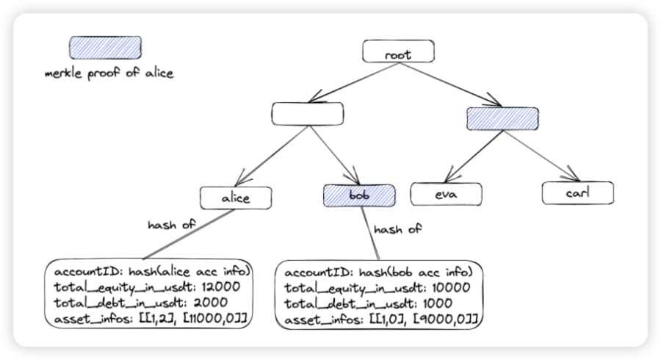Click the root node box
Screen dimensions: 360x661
[x=398, y=51]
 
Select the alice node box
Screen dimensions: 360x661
[x=236, y=198]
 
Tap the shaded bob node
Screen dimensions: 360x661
[x=359, y=195]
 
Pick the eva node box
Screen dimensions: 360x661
[x=447, y=194]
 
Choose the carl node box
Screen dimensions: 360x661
[x=577, y=192]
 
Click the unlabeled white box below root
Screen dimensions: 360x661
[x=307, y=114]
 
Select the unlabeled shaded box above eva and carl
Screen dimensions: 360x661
[x=502, y=118]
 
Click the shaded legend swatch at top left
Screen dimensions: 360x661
[x=105, y=48]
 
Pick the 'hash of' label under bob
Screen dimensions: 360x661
[x=397, y=230]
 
